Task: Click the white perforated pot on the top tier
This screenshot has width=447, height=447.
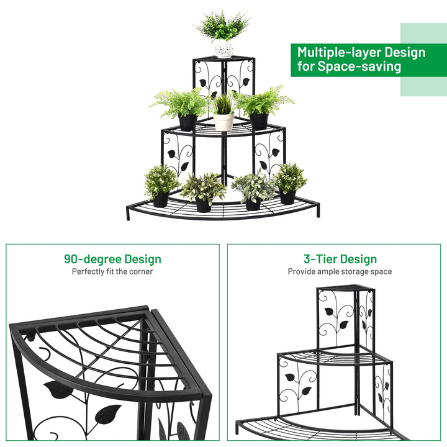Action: pyautogui.click(x=223, y=48)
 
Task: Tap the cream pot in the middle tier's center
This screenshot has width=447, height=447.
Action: pyautogui.click(x=223, y=121)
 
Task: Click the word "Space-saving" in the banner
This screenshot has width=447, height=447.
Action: pyautogui.click(x=359, y=66)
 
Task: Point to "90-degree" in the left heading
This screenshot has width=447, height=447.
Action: pyautogui.click(x=93, y=259)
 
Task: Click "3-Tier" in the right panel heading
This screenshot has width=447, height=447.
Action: pyautogui.click(x=320, y=259)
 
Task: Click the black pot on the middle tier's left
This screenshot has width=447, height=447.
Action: pyautogui.click(x=188, y=122)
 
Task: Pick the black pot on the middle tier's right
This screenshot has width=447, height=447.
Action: pyautogui.click(x=259, y=121)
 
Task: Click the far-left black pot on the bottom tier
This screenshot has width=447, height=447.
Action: pyautogui.click(x=161, y=199)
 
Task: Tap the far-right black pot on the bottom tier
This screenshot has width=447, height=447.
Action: pyautogui.click(x=287, y=197)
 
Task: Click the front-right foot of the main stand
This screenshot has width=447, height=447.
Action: pyautogui.click(x=318, y=211)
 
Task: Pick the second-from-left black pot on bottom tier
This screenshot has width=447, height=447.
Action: pyautogui.click(x=203, y=205)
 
